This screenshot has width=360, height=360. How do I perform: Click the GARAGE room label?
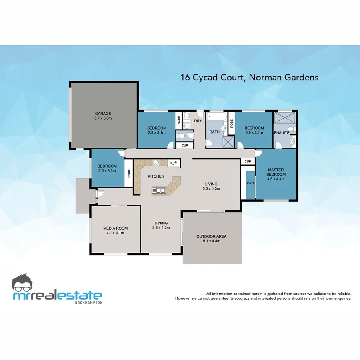(x=103, y=113)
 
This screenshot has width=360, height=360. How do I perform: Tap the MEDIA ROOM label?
(x=116, y=228)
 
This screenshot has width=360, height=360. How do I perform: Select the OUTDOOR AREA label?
(x=212, y=236)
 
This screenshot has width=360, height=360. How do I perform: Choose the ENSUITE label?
(x=282, y=132)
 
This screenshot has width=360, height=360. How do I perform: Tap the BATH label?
(x=215, y=132)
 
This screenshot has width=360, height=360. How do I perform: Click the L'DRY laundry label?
(x=197, y=121)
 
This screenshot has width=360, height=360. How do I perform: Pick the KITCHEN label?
(x=156, y=176)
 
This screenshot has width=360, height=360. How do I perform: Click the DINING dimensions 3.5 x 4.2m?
(x=161, y=228)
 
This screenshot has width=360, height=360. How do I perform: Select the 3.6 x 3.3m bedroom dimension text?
(x=107, y=170)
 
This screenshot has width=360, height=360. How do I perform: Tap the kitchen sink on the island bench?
(x=158, y=190)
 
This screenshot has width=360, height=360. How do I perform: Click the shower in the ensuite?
(x=285, y=119)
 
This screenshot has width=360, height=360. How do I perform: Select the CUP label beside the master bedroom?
(x=248, y=162)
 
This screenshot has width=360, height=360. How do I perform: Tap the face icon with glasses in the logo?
(x=25, y=283)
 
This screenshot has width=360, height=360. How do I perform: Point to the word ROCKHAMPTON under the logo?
(x=88, y=302)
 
